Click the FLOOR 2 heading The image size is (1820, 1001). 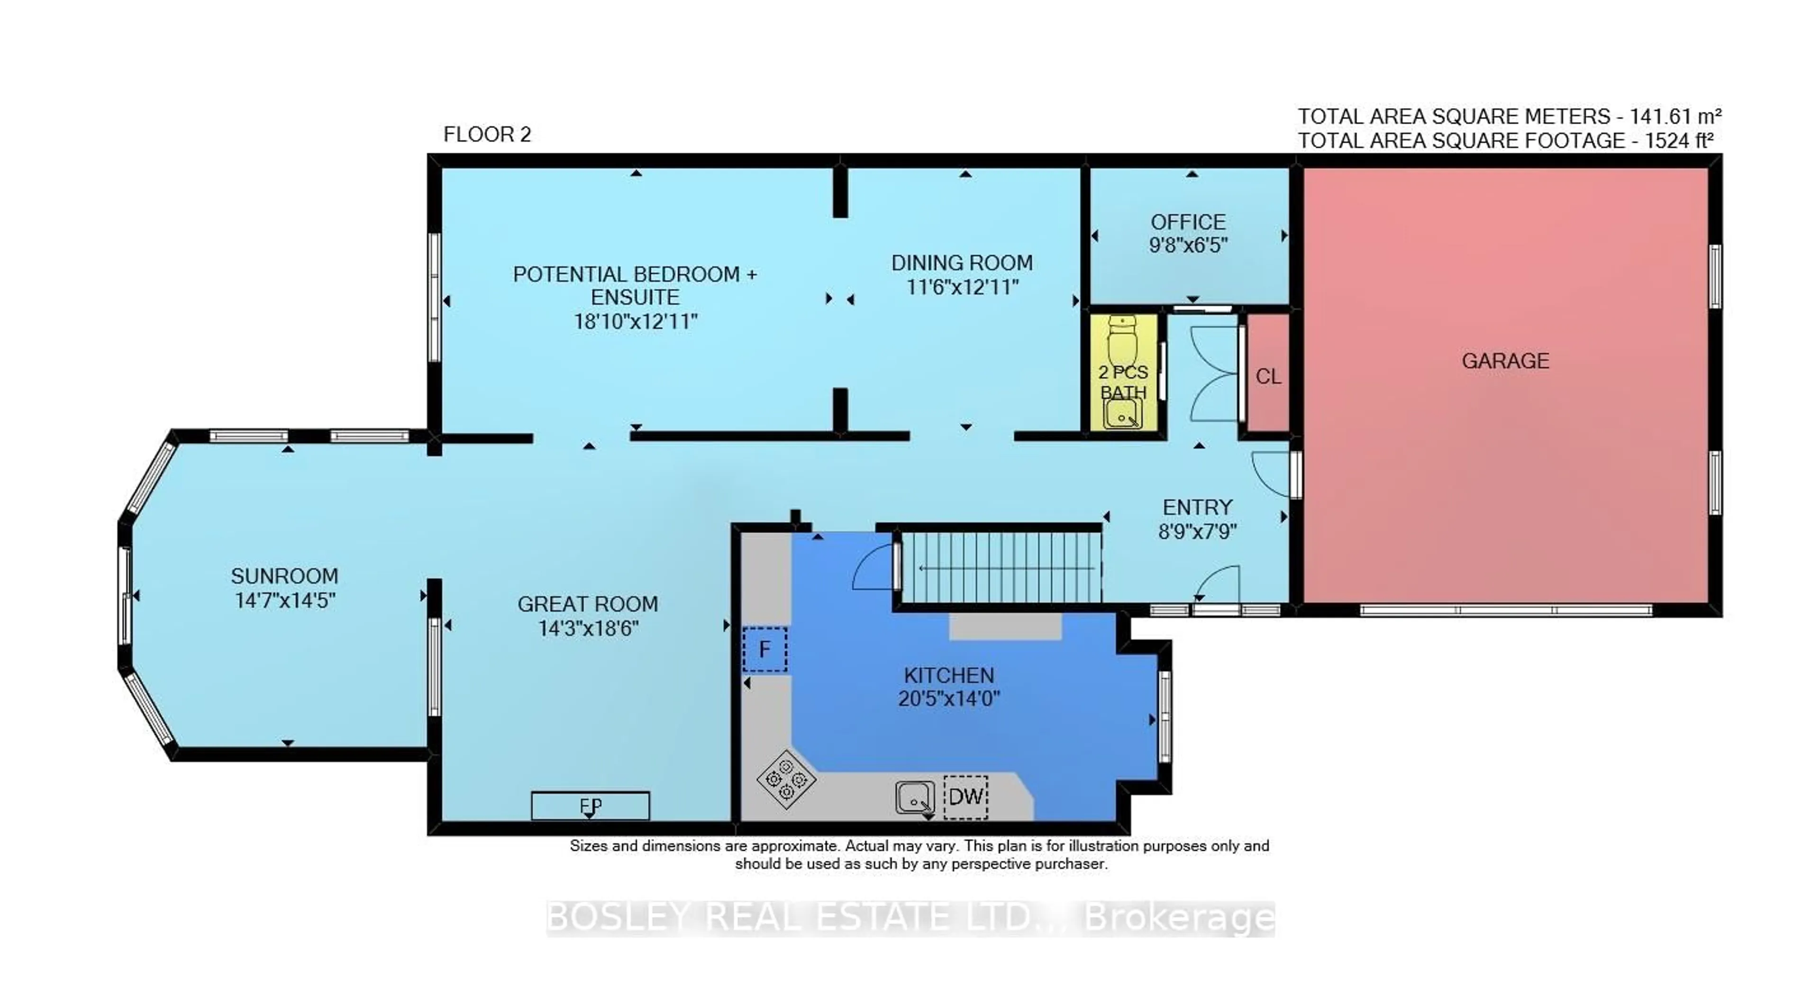487,134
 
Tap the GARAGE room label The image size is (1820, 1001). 1505,361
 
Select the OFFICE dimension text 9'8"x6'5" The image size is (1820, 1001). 1188,246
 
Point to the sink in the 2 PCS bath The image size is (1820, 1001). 1122,414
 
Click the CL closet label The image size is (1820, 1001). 1268,376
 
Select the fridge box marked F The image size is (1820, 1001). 764,649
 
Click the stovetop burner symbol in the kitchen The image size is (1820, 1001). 786,779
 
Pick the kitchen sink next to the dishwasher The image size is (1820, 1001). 915,798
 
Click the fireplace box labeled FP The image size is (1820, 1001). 590,805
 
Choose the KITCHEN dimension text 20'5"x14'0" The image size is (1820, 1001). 949,699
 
